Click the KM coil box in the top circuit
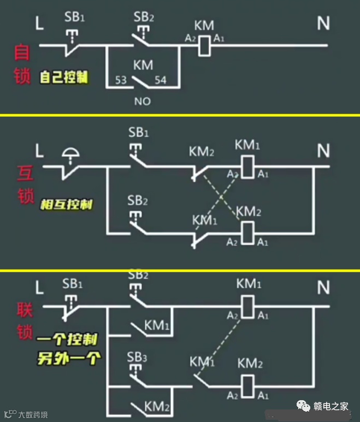point(204,45)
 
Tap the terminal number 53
point(121,80)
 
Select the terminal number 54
point(160,80)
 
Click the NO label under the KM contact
point(142,101)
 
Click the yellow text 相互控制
point(66,205)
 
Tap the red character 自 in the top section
point(22,53)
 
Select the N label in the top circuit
point(324,22)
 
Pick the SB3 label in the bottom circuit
point(138,357)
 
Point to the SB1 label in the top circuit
point(73,17)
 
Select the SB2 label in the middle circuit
point(138,200)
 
